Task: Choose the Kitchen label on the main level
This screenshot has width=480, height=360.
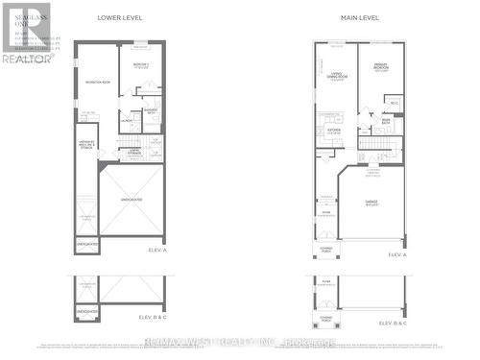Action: click(335, 131)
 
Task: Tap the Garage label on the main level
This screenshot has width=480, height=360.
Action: click(371, 203)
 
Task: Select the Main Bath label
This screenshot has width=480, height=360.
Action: click(386, 120)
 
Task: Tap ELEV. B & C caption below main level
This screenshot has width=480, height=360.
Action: click(394, 324)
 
